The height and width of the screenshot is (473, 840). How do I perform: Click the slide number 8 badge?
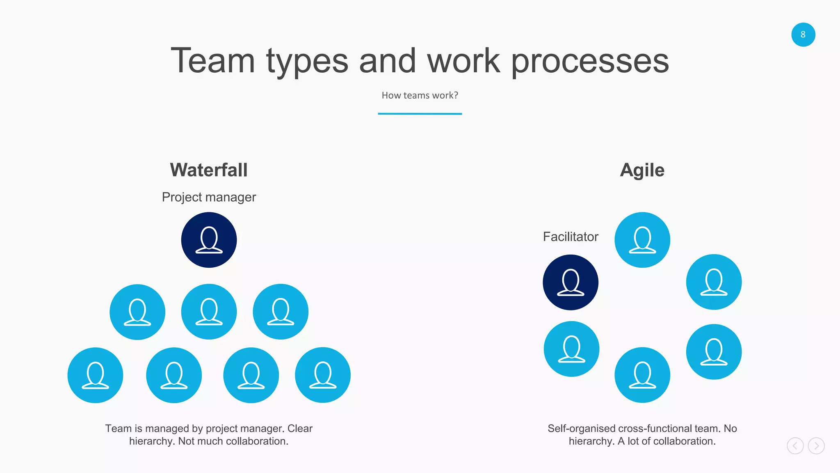[803, 34]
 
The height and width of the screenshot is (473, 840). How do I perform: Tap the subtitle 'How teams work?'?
[420, 95]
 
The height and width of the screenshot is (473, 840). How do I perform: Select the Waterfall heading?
[209, 170]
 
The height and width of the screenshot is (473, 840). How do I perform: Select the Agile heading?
[642, 170]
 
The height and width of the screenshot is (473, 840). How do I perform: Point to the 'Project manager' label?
[209, 197]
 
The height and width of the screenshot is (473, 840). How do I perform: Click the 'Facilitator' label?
[571, 236]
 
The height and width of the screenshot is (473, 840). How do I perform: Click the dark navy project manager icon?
[209, 240]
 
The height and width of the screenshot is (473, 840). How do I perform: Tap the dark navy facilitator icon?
[571, 282]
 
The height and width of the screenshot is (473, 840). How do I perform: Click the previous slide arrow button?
[795, 445]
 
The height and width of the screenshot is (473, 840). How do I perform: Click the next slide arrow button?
[816, 445]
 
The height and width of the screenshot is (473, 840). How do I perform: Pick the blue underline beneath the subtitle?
[420, 114]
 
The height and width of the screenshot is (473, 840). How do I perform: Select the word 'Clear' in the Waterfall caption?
[300, 428]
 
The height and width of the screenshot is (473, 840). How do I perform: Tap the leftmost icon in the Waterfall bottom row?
[95, 375]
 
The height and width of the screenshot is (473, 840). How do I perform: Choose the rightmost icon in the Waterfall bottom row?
[323, 375]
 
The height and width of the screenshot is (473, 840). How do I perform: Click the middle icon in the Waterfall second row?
[209, 312]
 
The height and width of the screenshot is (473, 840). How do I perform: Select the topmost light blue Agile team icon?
[642, 240]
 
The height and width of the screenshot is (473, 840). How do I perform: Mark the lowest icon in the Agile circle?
[642, 375]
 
